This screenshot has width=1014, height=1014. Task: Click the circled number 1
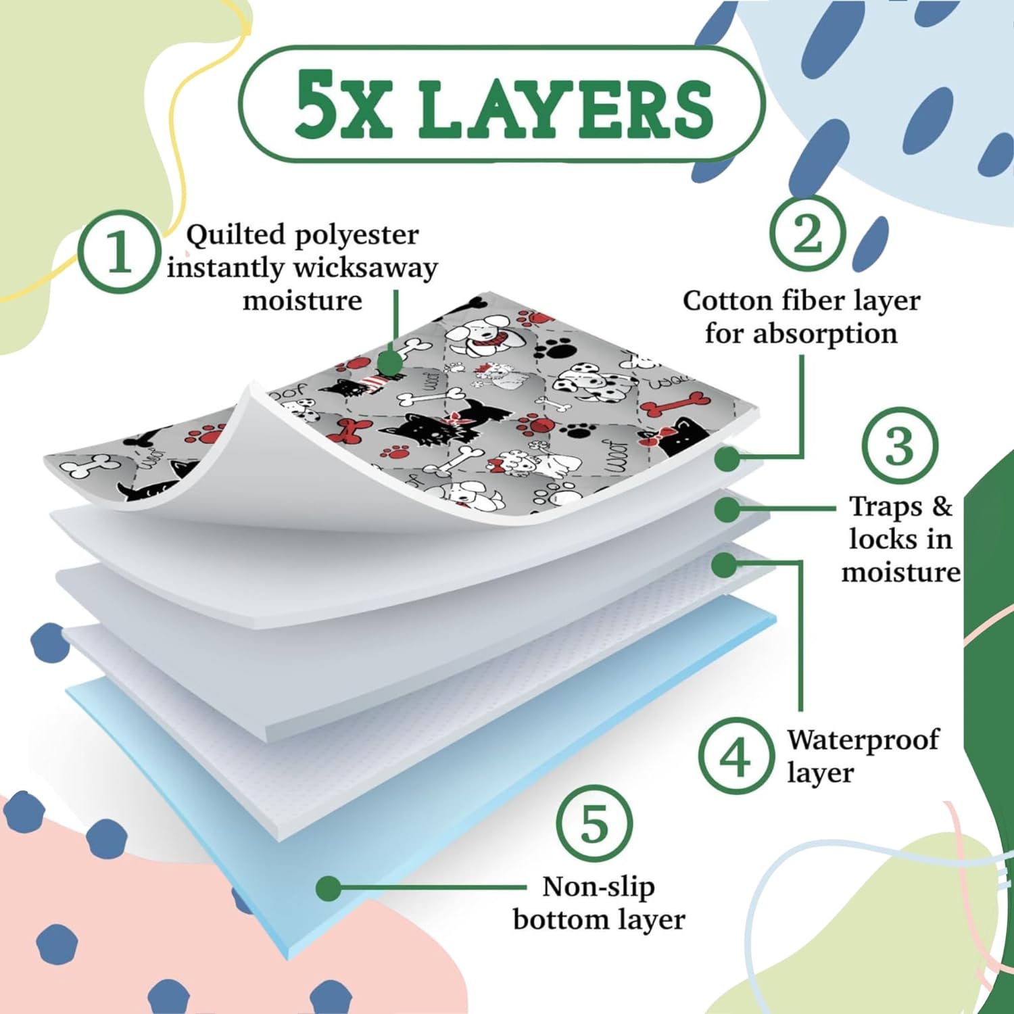tap(119, 251)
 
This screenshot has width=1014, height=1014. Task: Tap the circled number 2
tap(808, 233)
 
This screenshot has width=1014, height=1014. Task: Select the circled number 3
tap(900, 445)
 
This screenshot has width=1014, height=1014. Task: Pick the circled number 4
tap(736, 755)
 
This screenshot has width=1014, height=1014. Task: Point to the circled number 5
tap(594, 823)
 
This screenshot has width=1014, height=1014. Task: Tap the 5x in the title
tap(343, 104)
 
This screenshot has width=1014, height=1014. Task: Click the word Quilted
tap(236, 235)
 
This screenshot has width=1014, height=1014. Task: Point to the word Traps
tap(885, 506)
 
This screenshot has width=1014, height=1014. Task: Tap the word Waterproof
tap(863, 740)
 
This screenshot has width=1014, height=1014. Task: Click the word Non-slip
tap(598, 886)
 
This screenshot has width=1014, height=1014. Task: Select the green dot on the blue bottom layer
tap(329, 888)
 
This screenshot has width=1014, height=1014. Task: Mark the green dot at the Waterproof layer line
tap(725, 564)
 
